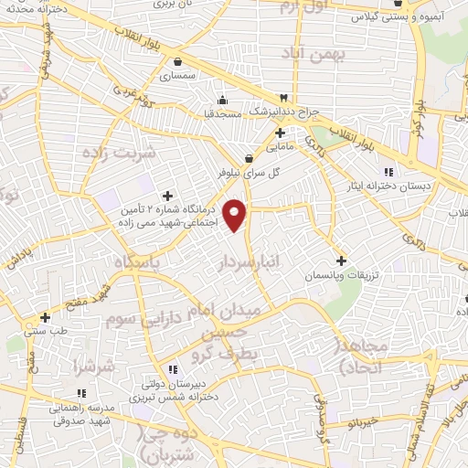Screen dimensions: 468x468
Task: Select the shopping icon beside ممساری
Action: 175,63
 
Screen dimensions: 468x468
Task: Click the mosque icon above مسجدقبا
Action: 221,101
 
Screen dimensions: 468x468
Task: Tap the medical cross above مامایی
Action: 279,133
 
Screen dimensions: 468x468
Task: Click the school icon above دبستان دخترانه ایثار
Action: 388,171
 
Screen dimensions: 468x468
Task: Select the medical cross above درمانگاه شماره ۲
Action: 166,195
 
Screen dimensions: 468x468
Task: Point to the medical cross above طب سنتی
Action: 44,318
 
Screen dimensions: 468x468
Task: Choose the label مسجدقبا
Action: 221,116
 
